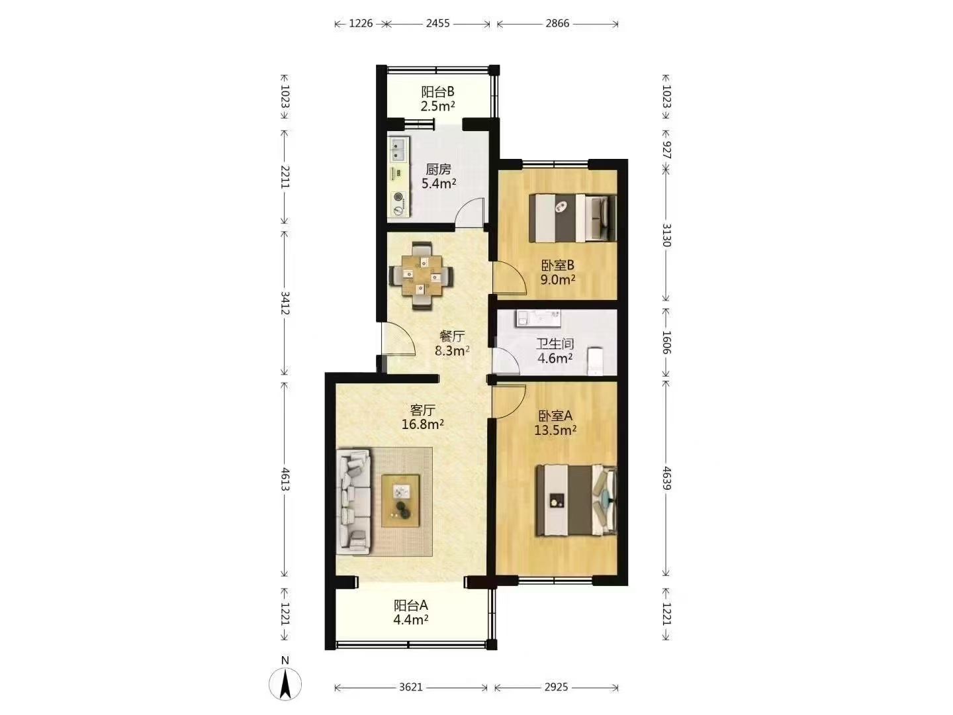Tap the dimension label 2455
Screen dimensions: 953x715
pos(437,23)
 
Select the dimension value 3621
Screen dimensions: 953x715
pos(410,687)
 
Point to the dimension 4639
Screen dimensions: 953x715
pos(666,479)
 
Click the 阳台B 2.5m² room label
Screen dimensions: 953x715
pos(437,99)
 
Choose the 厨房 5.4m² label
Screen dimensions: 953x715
pos(439,176)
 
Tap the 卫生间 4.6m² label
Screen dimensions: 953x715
pos(555,351)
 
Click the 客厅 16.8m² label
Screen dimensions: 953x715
pos(422,417)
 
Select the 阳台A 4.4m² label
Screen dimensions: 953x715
pos(411,612)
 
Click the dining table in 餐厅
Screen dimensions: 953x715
pos(422,275)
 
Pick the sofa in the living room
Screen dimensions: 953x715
pos(353,502)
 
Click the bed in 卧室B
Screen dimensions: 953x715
pos(572,218)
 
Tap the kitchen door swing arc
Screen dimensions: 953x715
pos(470,211)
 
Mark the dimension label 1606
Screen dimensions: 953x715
pos(666,342)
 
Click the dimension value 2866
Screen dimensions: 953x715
pos(557,23)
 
